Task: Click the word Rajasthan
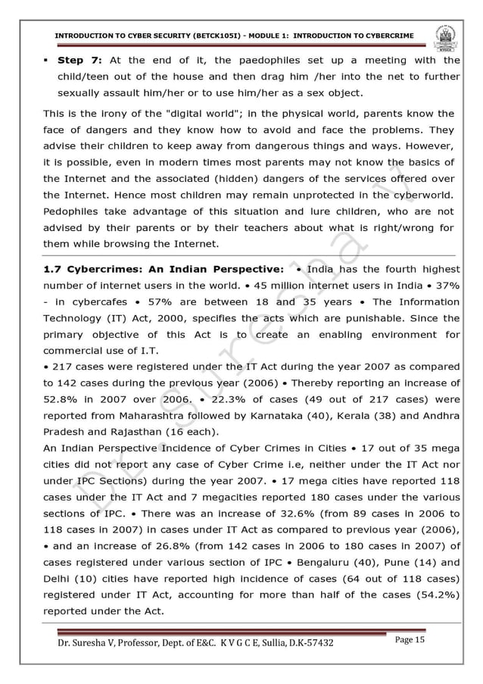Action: [x=131, y=432]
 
